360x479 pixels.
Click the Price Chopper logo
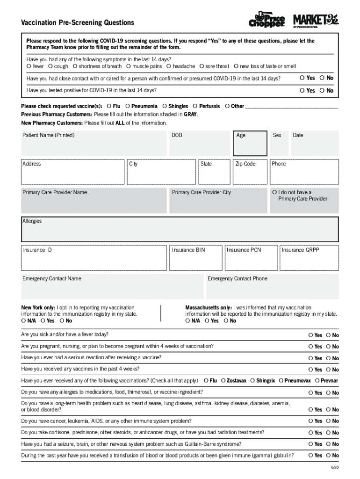(266, 19)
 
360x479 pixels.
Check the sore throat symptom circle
(202, 66)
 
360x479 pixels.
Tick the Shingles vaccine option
(165, 106)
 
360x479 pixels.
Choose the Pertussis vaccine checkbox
(195, 106)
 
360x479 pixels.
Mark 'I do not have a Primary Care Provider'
(274, 192)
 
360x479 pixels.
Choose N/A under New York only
(24, 321)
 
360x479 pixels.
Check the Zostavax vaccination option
(223, 381)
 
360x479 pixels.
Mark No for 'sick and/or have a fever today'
(329, 335)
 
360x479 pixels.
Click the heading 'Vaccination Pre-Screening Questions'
(77, 23)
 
